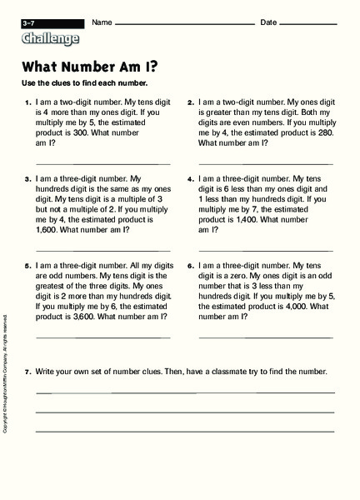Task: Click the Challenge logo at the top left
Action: (52, 38)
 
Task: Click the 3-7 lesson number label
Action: (30, 22)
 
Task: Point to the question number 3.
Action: (27, 177)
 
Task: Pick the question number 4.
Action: (190, 177)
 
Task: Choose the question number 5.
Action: (27, 265)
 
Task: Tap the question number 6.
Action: (190, 265)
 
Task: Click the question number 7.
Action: (27, 371)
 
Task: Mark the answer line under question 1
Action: (103, 163)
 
